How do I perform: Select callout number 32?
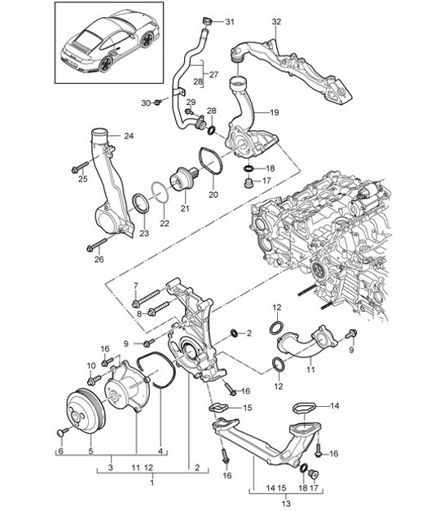pos(276,20)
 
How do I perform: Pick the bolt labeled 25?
pos(78,169)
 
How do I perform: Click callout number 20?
pos(213,194)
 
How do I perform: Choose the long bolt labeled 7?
pos(152,295)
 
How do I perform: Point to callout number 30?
pos(147,103)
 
